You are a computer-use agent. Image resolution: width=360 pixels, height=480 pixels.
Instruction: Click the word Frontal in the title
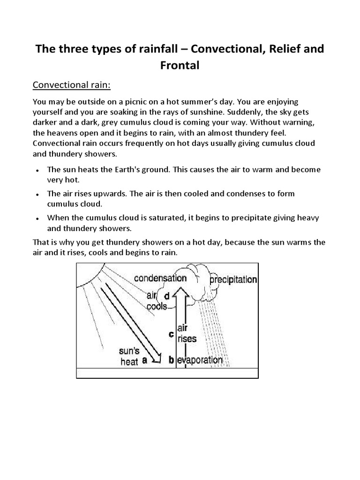180,66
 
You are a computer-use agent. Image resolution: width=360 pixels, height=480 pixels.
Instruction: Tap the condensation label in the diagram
160,278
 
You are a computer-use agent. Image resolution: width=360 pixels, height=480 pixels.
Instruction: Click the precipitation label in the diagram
232,280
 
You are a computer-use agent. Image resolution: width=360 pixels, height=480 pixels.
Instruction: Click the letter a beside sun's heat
145,361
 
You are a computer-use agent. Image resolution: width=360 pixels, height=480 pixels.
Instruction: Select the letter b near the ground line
172,360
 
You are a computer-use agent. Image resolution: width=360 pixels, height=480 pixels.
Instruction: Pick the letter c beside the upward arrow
172,334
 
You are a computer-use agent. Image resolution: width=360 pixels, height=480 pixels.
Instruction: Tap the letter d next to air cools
166,296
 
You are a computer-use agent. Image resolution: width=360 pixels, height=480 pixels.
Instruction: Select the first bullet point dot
37,171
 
